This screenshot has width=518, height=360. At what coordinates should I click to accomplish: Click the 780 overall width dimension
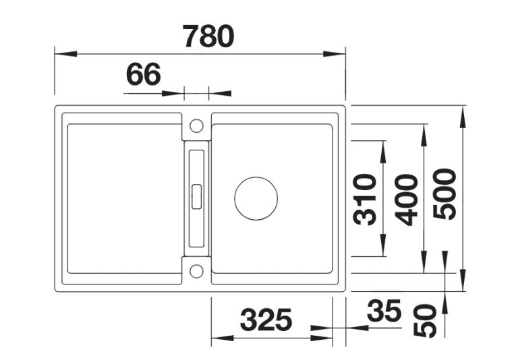209,36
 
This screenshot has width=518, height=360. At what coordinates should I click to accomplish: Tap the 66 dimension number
144,74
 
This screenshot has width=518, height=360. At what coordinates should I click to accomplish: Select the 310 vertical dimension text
365,199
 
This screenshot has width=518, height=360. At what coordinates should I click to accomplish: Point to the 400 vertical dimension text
406,200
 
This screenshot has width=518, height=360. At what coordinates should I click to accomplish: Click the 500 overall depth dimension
444,194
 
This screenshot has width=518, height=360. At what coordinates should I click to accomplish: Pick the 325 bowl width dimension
266,320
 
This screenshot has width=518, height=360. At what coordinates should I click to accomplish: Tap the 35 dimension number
384,311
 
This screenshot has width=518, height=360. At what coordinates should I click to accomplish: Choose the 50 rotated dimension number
425,321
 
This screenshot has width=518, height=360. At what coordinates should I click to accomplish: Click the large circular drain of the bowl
256,198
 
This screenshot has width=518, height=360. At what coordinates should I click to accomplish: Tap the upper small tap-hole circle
196,126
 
